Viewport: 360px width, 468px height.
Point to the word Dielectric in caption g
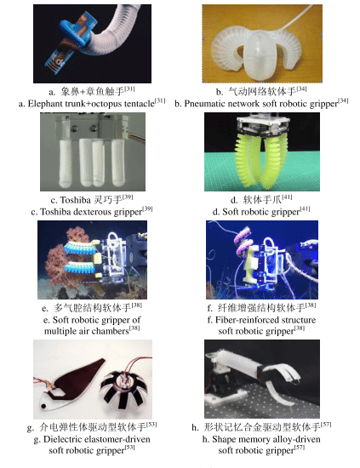click(62, 439)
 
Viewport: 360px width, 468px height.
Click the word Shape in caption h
click(225, 439)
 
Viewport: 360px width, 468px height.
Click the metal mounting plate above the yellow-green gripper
click(263, 125)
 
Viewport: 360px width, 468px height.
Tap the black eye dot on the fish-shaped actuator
click(44, 406)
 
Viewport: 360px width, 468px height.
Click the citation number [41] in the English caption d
click(305, 209)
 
